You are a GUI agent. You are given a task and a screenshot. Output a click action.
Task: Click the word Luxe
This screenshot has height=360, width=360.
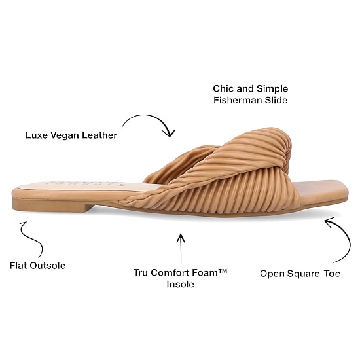coord(37,135)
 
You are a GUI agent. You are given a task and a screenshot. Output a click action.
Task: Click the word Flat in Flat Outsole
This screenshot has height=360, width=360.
coord(18,266)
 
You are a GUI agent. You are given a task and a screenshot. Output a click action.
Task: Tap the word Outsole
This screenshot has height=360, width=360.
coord(48,266)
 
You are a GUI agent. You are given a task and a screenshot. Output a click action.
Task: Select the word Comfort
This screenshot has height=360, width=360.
coord(170,273)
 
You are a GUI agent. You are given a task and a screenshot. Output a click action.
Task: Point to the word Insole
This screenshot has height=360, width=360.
coord(181,285)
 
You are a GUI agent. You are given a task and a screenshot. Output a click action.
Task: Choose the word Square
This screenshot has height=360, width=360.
coord(303,274)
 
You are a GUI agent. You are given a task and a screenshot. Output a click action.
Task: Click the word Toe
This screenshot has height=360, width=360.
coord(332,274)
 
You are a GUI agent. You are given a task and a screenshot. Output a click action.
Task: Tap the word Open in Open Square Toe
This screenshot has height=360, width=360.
coord(272,274)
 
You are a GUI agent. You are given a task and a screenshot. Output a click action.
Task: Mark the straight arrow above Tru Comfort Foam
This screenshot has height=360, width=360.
coord(181,250)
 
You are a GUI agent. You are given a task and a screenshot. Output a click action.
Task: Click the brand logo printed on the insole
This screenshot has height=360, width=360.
coord(85,184)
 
